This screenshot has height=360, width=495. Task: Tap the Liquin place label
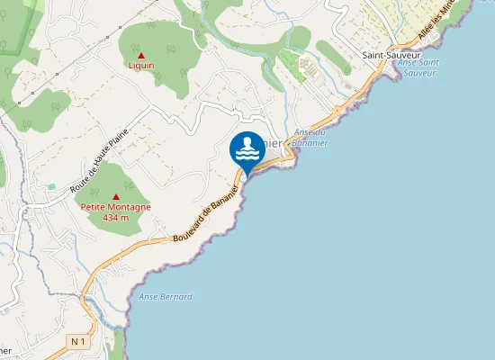[141, 66]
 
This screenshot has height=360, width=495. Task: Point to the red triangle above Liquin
[141, 55]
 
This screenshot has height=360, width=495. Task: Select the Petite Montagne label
[116, 207]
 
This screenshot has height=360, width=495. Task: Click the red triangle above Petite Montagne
[116, 196]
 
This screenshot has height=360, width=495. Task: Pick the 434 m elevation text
[116, 218]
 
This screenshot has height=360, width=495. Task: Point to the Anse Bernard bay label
[166, 296]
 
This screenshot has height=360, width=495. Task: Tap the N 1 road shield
[78, 341]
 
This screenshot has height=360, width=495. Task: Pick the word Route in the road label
[90, 171]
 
